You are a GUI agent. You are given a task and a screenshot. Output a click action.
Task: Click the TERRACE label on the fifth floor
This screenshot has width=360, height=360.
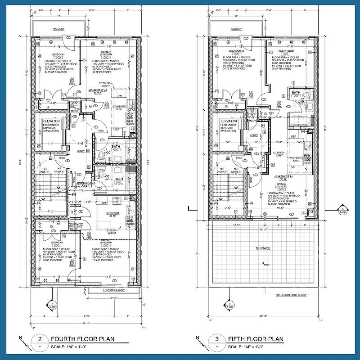(x=263, y=248)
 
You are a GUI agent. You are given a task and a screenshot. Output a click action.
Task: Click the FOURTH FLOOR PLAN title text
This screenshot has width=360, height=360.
(x=82, y=339)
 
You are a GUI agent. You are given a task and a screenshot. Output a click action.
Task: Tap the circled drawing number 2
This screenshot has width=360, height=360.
(x=40, y=339)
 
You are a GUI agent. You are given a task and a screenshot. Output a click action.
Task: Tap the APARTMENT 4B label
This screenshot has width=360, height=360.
(x=97, y=90)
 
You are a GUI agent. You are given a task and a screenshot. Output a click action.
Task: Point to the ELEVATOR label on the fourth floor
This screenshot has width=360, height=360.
(x=51, y=121)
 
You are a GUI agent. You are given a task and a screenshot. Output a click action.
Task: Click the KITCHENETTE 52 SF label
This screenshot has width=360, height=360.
(x=298, y=158)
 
